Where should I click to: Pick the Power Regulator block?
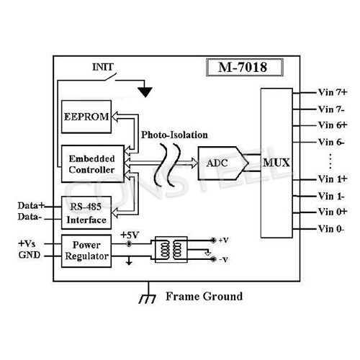[x=86, y=250]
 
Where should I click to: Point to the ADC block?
[x=218, y=163]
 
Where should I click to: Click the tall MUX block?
[x=276, y=162]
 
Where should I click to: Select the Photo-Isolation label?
[x=175, y=135]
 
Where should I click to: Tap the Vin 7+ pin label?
[x=333, y=92]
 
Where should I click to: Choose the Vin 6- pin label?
[x=333, y=142]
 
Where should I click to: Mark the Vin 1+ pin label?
[x=333, y=178]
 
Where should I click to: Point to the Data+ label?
[x=30, y=205]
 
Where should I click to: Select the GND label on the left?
[x=29, y=256]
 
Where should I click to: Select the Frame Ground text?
[x=204, y=296]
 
